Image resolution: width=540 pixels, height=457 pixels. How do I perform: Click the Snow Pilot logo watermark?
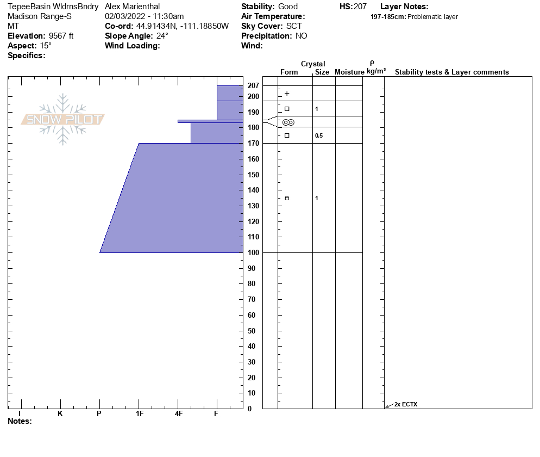click(x=63, y=120)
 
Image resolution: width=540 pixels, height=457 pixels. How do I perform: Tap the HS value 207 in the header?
click(x=360, y=7)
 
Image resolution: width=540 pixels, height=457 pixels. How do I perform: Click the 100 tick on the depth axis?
click(x=253, y=253)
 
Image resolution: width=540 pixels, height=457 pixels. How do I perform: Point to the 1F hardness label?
click(x=139, y=414)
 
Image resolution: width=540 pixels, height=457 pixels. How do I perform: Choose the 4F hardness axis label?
click(x=178, y=414)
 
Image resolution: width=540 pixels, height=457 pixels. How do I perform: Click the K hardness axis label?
click(x=60, y=414)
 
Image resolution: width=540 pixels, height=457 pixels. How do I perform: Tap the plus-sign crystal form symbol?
click(x=287, y=94)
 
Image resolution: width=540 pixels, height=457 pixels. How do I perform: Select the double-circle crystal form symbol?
click(x=288, y=122)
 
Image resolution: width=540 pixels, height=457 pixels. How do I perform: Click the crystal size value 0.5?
click(x=318, y=136)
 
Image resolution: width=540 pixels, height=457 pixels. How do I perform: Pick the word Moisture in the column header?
click(x=349, y=72)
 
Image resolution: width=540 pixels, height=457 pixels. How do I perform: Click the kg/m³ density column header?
click(x=376, y=71)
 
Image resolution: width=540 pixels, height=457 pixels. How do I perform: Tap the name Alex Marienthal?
click(x=132, y=7)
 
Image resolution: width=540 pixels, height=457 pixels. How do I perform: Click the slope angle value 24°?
click(x=162, y=36)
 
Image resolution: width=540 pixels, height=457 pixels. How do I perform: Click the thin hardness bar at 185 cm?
click(x=210, y=121)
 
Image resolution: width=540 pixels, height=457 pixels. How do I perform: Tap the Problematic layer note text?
click(x=432, y=17)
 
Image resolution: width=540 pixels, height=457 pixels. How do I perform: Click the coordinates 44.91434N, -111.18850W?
click(x=182, y=26)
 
